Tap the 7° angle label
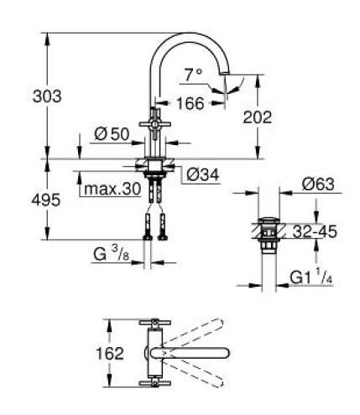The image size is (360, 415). coord(193,75)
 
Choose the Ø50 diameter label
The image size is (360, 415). coord(110,136)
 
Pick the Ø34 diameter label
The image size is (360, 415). coord(202,174)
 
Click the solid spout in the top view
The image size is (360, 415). coord(197,352)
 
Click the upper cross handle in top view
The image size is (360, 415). coord(154,322)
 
